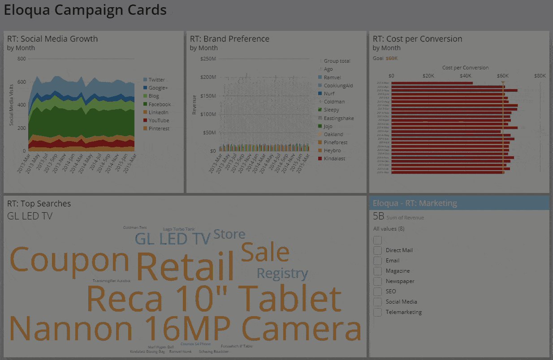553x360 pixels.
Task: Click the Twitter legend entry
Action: tap(157, 80)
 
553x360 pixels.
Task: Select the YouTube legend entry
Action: tap(159, 120)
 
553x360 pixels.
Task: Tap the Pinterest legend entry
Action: tap(159, 129)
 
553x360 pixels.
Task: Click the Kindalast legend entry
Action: tap(334, 159)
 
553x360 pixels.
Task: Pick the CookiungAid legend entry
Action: tap(338, 86)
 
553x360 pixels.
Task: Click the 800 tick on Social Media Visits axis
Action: tap(22, 59)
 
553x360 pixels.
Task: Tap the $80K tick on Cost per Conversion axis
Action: tap(540, 76)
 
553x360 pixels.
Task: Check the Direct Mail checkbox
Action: tap(378, 250)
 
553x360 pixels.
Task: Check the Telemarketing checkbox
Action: tap(378, 312)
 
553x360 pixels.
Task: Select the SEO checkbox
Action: tap(378, 291)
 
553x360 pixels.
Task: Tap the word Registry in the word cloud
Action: tap(282, 273)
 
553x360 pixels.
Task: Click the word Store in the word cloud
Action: tap(229, 234)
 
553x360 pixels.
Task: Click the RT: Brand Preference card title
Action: tap(229, 39)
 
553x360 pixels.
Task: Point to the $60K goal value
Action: tap(392, 58)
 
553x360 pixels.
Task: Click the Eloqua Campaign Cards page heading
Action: tap(85, 10)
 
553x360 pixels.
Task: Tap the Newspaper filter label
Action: tap(400, 281)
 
